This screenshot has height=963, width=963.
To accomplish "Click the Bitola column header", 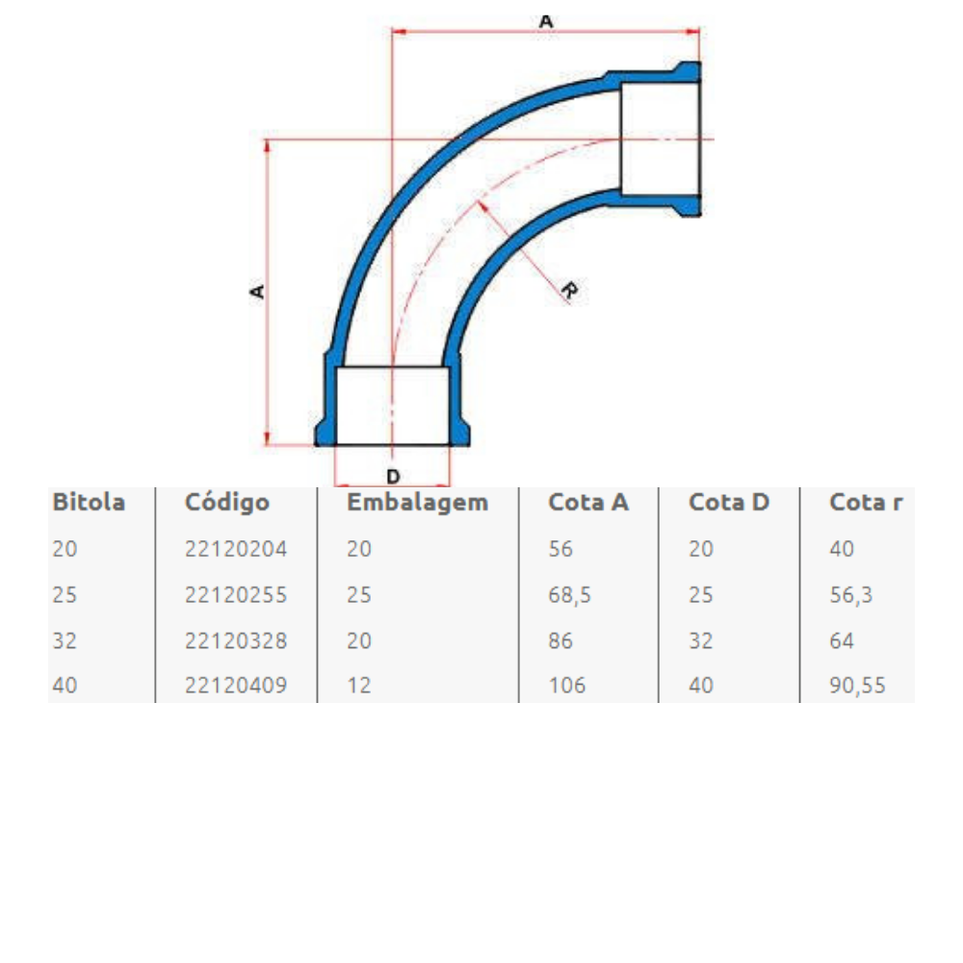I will click(89, 503).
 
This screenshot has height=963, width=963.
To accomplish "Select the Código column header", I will click(227, 503).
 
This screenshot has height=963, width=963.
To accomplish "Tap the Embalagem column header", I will click(417, 503).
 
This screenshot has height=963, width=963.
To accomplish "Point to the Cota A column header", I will click(588, 503).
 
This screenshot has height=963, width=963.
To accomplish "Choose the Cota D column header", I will click(729, 503).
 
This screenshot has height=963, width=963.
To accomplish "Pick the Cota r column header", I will click(867, 503).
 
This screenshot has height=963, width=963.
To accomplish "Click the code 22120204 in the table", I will click(236, 550).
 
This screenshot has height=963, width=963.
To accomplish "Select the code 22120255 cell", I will click(236, 595).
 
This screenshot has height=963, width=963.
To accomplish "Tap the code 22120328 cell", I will click(236, 640).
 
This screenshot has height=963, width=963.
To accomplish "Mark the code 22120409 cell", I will click(236, 686).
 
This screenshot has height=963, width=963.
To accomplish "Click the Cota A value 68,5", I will click(570, 595).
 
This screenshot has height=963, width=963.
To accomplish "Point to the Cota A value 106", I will click(567, 686).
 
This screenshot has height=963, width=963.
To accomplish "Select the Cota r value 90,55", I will click(857, 686).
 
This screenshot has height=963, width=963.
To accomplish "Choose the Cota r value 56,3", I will click(850, 595).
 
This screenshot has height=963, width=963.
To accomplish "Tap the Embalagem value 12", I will click(358, 686).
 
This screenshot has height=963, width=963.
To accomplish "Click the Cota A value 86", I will click(560, 640).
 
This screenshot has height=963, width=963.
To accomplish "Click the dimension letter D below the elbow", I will click(392, 476).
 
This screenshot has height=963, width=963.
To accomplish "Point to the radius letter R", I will click(568, 291).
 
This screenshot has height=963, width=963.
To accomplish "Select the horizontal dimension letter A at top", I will click(546, 19).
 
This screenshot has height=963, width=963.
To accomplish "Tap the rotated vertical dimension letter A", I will click(257, 290).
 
